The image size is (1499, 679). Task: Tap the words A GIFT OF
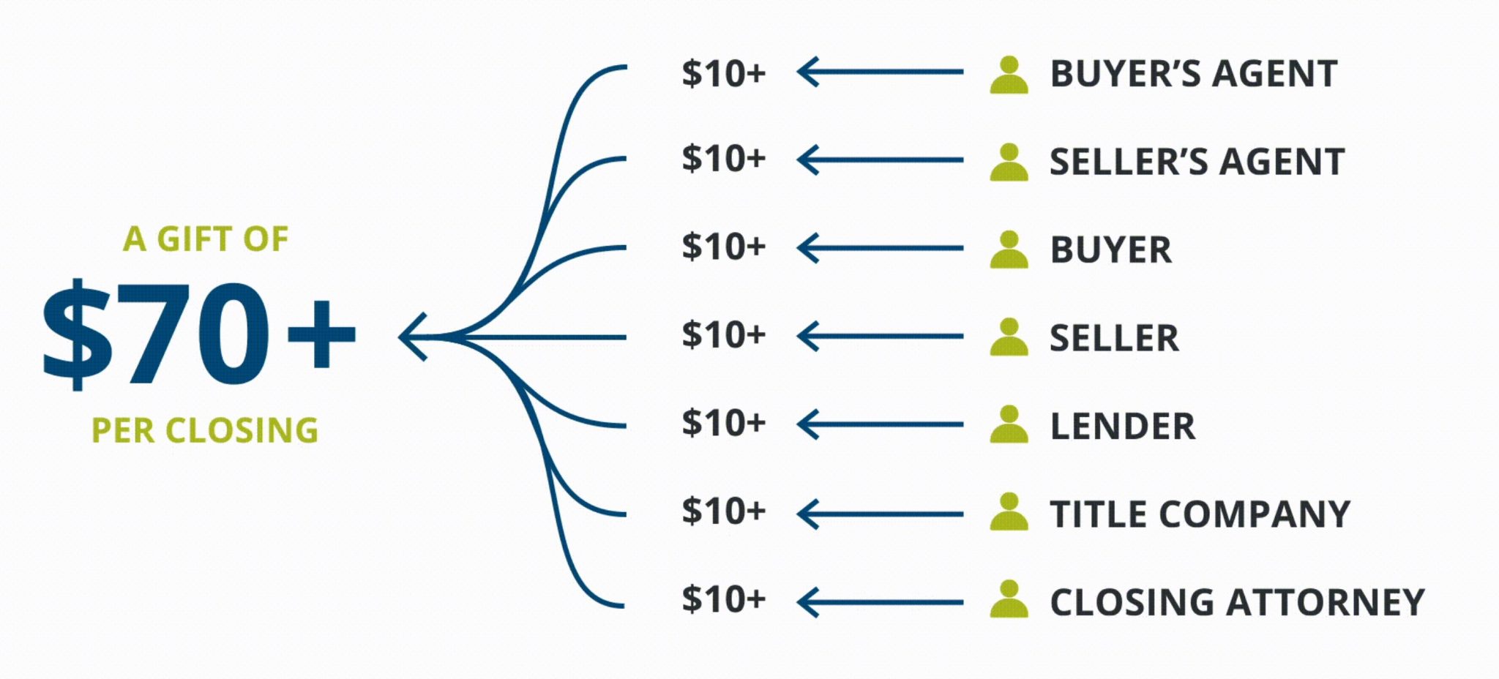tap(206, 239)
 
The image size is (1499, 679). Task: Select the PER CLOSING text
tap(205, 430)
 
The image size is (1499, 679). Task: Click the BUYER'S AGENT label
tap(1194, 73)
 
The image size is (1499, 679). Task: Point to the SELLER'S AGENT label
tap(1197, 161)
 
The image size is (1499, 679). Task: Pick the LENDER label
tap(1123, 426)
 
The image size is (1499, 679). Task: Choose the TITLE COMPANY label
tap(1200, 514)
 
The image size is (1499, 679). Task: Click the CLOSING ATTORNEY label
tap(1238, 602)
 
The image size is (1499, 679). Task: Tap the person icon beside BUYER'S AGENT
tap(1009, 75)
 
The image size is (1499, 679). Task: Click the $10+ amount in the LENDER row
tap(724, 423)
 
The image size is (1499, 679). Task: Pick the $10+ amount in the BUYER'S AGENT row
tap(724, 72)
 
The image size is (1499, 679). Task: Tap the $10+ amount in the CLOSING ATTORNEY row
tap(724, 599)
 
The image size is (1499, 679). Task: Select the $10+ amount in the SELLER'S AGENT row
tap(724, 158)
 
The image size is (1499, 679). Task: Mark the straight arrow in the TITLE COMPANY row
tap(880, 514)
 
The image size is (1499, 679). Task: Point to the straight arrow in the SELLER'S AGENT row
tap(880, 160)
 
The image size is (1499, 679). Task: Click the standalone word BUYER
tap(1111, 250)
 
